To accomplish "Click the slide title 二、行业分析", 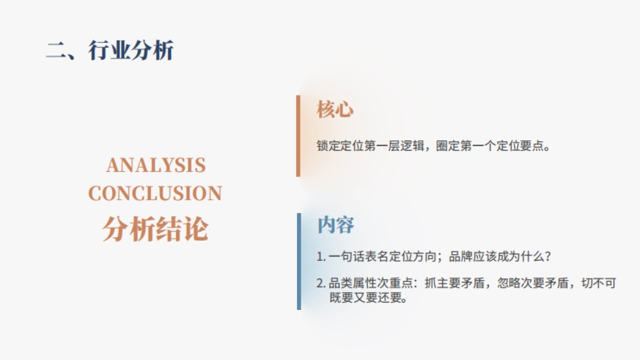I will (110, 51).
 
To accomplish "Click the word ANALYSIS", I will (156, 165).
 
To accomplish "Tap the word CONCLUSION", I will (155, 193).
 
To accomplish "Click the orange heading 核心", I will (335, 110).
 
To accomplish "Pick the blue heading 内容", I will (335, 225).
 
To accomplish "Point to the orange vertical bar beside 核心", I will (298, 136).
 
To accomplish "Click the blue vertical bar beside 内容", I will (299, 261).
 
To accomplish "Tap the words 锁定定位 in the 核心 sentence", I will (334, 146).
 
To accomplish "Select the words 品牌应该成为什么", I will (496, 257).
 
